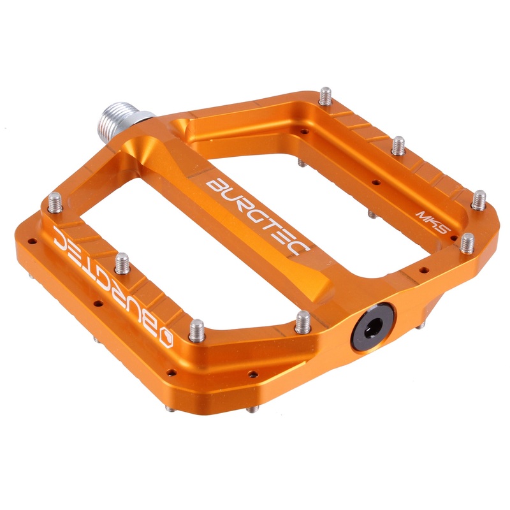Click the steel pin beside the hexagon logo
click(x=197, y=329)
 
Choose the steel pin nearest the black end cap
click(x=303, y=321)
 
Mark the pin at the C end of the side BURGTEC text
click(x=54, y=203)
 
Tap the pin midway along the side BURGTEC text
click(x=122, y=263)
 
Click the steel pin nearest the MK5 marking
click(x=467, y=242)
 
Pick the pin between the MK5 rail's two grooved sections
click(x=398, y=145)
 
